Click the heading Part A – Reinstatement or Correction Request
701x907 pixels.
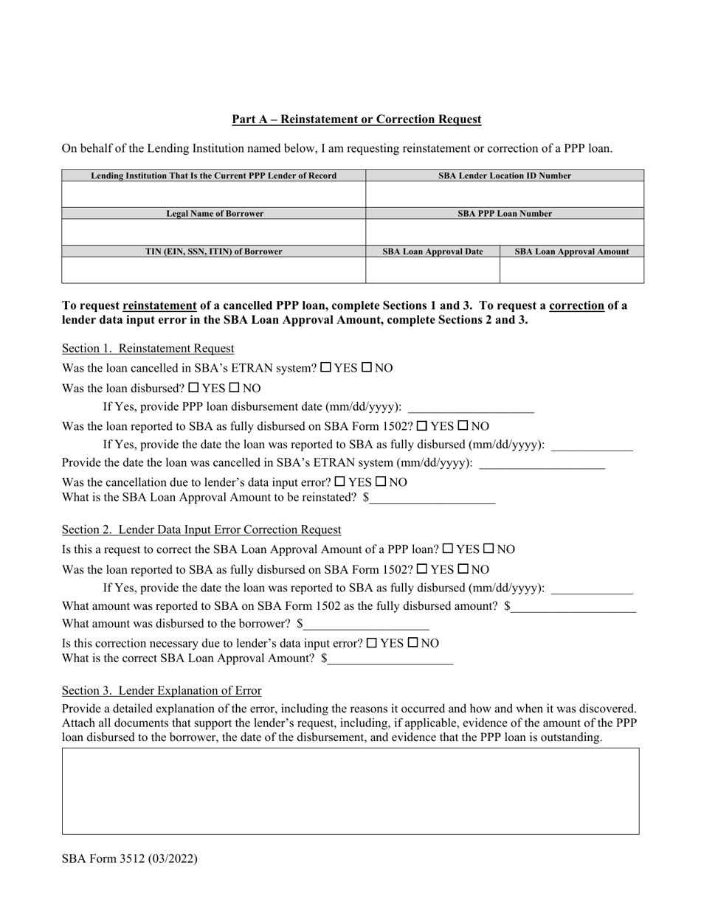pyautogui.click(x=356, y=119)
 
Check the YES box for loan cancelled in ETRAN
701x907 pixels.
pyautogui.click(x=326, y=367)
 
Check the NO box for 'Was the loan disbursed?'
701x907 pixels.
pyautogui.click(x=235, y=387)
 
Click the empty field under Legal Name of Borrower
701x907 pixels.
pyautogui.click(x=213, y=232)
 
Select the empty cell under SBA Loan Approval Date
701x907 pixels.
pyautogui.click(x=432, y=270)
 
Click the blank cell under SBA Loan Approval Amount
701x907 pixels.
pyautogui.click(x=571, y=270)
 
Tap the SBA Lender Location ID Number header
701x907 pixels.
pyautogui.click(x=505, y=176)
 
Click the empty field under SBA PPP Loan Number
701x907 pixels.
pyautogui.click(x=505, y=232)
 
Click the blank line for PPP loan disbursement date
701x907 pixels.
pyautogui.click(x=470, y=407)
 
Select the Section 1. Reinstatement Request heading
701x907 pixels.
pyautogui.click(x=148, y=348)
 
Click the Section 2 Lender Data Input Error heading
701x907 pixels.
pyautogui.click(x=201, y=529)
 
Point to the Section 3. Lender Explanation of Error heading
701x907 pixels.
pyautogui.click(x=162, y=691)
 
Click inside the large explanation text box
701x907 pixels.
pyautogui.click(x=350, y=790)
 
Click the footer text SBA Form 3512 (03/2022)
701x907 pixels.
pyautogui.click(x=130, y=858)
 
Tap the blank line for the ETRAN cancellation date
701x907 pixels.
pyautogui.click(x=542, y=464)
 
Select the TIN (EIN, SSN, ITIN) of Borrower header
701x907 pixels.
pyautogui.click(x=213, y=251)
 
